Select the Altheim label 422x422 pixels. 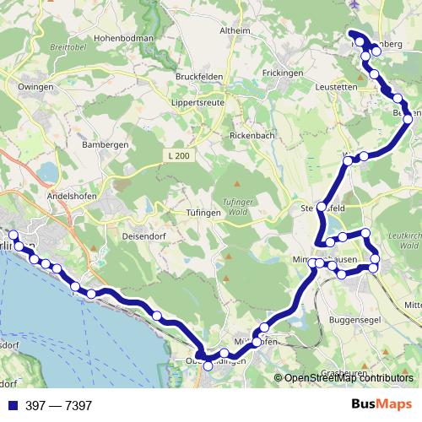(235, 30)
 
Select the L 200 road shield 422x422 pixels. (178, 155)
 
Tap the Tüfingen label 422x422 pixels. (203, 213)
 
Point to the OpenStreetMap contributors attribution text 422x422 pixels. (348, 378)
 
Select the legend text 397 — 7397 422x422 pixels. (58, 405)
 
